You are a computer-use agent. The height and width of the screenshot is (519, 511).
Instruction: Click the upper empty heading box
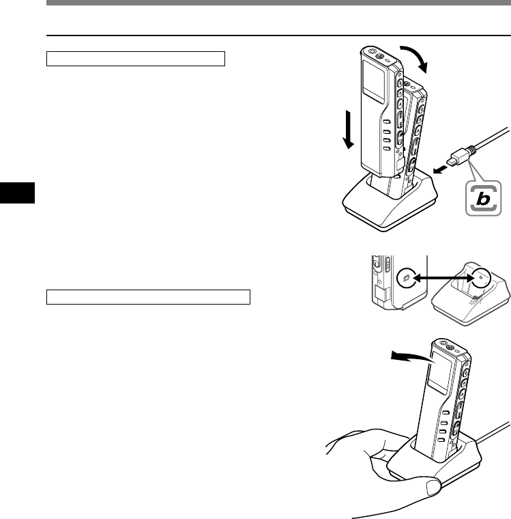pyautogui.click(x=136, y=59)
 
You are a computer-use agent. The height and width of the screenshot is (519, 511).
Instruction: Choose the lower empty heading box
pyautogui.click(x=149, y=297)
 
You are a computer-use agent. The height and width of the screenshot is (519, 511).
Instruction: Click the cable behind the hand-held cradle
pyautogui.click(x=495, y=434)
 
